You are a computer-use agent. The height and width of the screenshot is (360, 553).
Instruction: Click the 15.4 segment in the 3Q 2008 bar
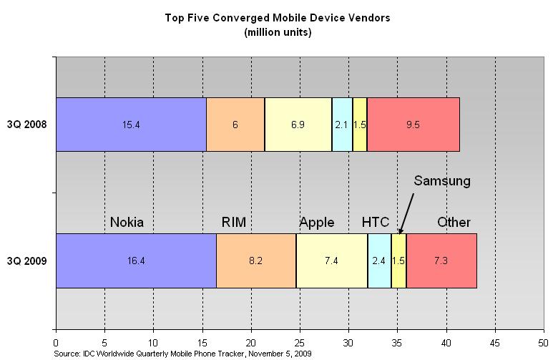(131, 124)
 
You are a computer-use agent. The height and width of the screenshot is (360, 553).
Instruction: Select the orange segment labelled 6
(235, 124)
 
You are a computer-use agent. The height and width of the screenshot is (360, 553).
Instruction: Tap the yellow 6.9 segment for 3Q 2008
(298, 124)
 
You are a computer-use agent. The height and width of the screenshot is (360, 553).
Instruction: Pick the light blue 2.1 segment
(342, 124)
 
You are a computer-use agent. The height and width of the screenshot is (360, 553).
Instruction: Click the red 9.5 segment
(413, 124)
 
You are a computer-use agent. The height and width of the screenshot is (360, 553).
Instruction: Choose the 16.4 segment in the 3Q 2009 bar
(136, 261)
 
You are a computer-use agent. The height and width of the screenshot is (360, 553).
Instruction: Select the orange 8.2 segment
(256, 261)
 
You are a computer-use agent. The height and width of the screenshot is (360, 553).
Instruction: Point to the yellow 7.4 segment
(332, 261)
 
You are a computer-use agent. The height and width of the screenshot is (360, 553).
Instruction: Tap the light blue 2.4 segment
(379, 261)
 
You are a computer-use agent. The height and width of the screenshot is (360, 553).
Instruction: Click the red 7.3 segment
(441, 261)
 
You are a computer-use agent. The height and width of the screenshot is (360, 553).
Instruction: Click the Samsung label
(442, 181)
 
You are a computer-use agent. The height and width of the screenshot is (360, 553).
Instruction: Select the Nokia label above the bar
(127, 222)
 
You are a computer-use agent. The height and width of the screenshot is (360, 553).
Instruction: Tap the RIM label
(234, 222)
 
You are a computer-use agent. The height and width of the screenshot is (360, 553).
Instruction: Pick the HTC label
(376, 222)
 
